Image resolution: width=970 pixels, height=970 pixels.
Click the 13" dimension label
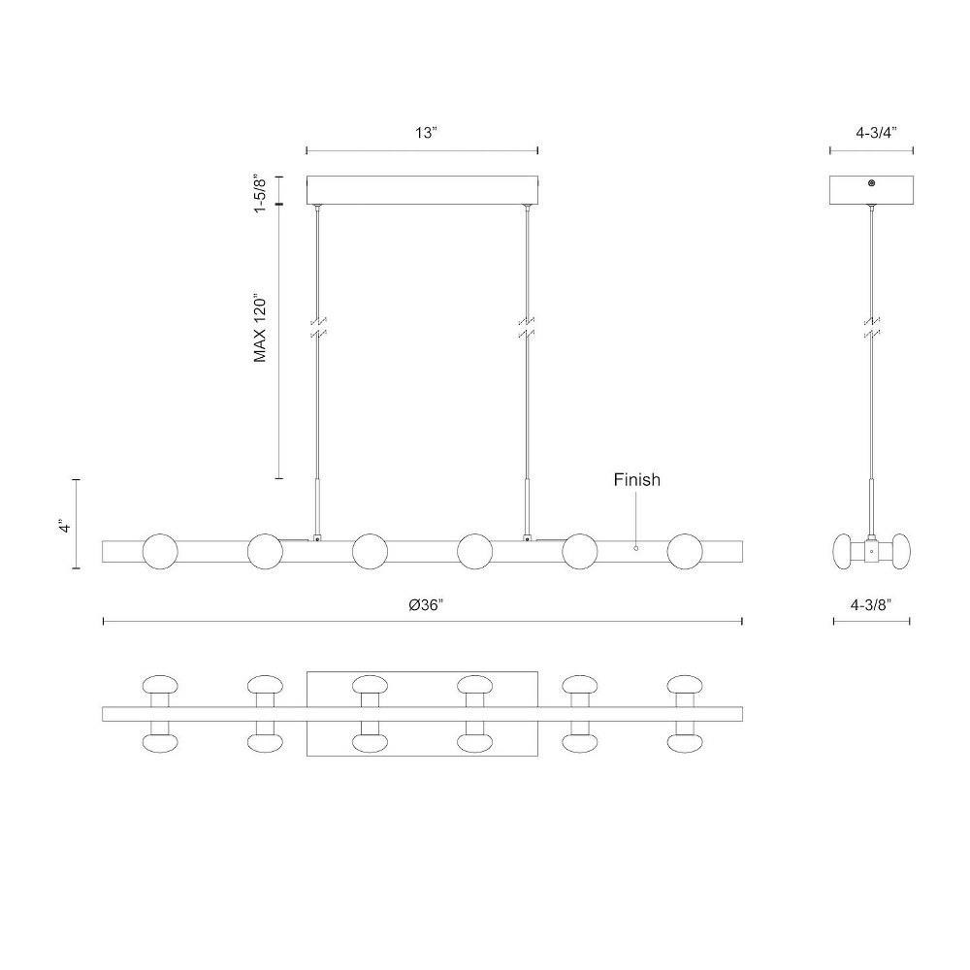pyautogui.click(x=426, y=132)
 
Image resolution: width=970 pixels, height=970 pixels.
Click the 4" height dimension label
pyautogui.click(x=64, y=526)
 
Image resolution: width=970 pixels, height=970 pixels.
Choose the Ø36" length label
pyautogui.click(x=426, y=605)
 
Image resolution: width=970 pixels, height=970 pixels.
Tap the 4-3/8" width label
pyautogui.click(x=872, y=605)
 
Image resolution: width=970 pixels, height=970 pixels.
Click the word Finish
pyautogui.click(x=636, y=479)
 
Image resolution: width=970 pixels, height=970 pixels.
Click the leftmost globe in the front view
pyautogui.click(x=160, y=551)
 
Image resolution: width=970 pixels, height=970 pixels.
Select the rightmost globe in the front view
pyautogui.click(x=685, y=551)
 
